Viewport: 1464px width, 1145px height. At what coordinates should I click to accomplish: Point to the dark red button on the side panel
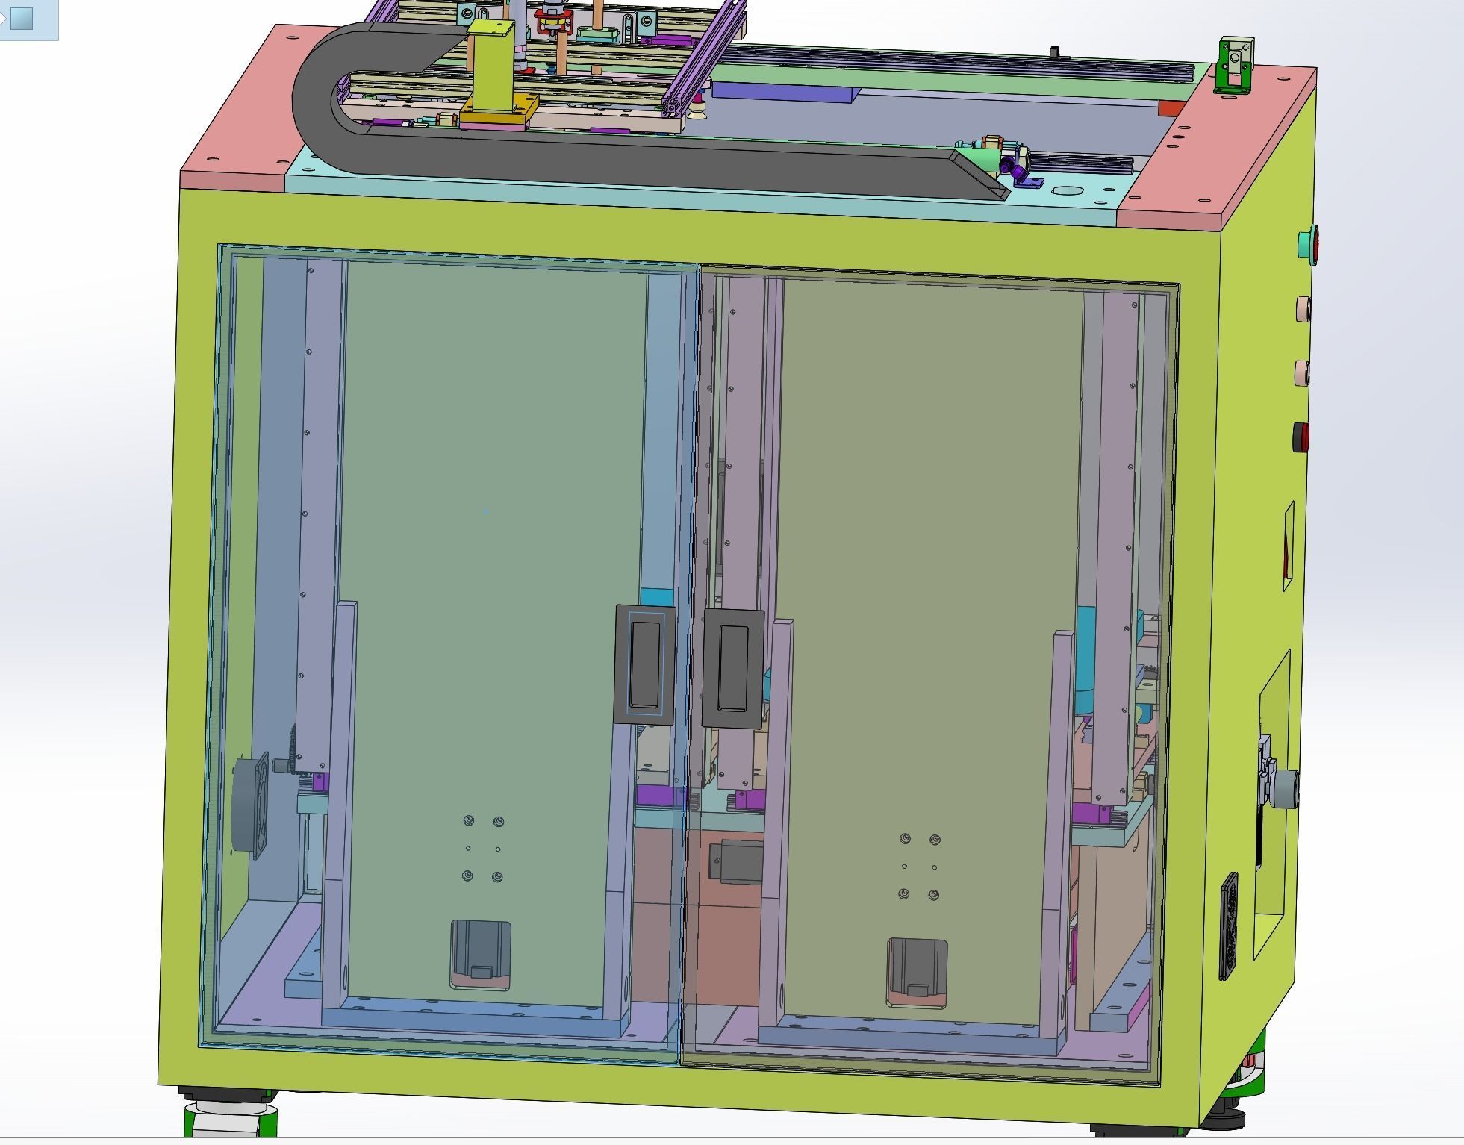[x=1301, y=437]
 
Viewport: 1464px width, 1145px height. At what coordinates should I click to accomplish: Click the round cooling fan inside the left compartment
[x=249, y=805]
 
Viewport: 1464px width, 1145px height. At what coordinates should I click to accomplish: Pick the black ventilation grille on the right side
[x=1227, y=926]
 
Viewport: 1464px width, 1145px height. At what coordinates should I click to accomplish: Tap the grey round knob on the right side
[x=1285, y=787]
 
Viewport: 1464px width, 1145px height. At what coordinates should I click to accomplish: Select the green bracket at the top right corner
[x=1236, y=66]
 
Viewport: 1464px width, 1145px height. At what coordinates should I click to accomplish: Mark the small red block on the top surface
[x=1170, y=108]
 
